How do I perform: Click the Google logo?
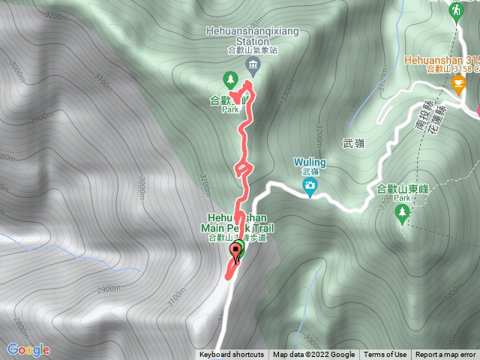28,349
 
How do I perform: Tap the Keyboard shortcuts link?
232,355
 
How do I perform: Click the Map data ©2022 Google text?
313,355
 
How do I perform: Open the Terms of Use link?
385,355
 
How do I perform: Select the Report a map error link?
446,355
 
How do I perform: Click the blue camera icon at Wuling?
310,186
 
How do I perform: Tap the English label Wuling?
310,161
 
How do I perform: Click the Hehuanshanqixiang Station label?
252,37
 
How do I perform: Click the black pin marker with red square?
238,252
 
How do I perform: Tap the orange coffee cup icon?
458,79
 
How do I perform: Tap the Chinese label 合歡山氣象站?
252,50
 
